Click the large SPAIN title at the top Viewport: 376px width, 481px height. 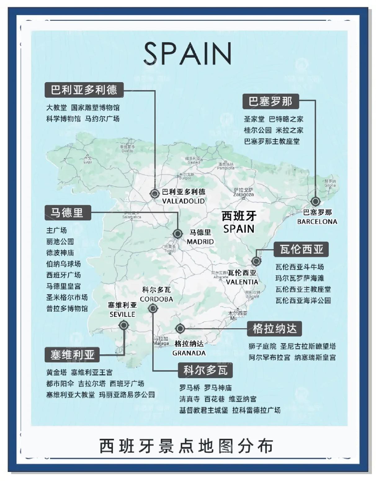click(x=188, y=53)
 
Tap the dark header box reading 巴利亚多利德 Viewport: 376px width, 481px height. click(x=84, y=90)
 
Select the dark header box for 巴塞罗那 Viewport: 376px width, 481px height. click(x=270, y=101)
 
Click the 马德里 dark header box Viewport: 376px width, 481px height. click(x=68, y=213)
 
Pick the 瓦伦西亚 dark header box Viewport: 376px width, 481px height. click(x=301, y=249)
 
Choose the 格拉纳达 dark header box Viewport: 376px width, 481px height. click(x=274, y=329)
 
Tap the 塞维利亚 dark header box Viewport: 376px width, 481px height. click(x=72, y=355)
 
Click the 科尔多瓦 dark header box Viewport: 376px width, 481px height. click(x=205, y=370)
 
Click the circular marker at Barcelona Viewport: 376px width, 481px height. click(x=316, y=201)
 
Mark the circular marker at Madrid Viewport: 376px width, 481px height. click(x=177, y=233)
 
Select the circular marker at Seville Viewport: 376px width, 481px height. click(x=123, y=325)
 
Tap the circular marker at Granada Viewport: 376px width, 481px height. click(x=180, y=329)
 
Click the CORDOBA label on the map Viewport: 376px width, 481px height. click(x=156, y=299)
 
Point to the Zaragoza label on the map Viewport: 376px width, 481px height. click(x=244, y=195)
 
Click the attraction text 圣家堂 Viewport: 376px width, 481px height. click(x=254, y=119)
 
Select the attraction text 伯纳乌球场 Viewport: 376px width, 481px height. click(x=63, y=264)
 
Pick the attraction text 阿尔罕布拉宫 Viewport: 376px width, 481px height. click(x=269, y=357)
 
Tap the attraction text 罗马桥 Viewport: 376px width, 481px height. click(x=190, y=388)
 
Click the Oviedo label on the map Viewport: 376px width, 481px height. click(x=127, y=151)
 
